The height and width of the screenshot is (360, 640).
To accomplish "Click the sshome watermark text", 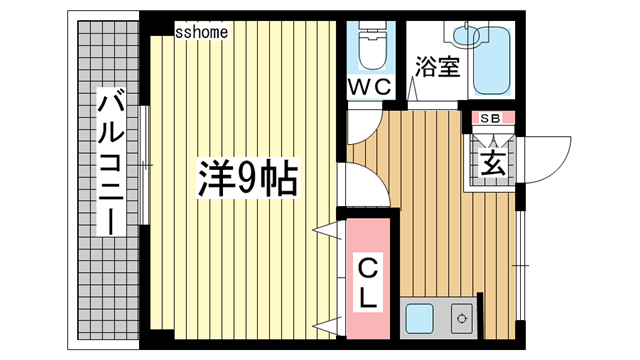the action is tap(201, 32).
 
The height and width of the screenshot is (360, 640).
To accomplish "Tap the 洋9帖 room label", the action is tap(248, 178).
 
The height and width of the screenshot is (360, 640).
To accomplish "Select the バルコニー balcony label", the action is tap(110, 162).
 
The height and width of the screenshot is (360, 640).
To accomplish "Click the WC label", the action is tap(369, 87).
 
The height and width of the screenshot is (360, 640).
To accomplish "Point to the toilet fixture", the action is tap(371, 45).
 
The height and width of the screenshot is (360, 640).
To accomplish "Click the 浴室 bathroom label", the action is tap(438, 67).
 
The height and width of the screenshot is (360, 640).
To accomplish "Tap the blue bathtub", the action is tap(492, 60).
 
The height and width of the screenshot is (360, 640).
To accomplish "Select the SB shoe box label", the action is tap(490, 118).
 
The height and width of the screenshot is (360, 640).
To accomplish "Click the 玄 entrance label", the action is tap(493, 164).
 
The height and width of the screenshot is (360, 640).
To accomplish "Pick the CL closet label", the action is tap(368, 284).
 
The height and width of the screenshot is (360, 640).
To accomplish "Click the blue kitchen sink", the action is tap(420, 318).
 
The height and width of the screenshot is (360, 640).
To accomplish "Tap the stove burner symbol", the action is tap(462, 318).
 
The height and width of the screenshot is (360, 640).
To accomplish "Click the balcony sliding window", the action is tap(144, 165).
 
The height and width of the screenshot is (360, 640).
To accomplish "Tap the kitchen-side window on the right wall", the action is tap(520, 265).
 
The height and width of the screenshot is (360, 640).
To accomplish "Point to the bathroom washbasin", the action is tap(466, 35).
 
